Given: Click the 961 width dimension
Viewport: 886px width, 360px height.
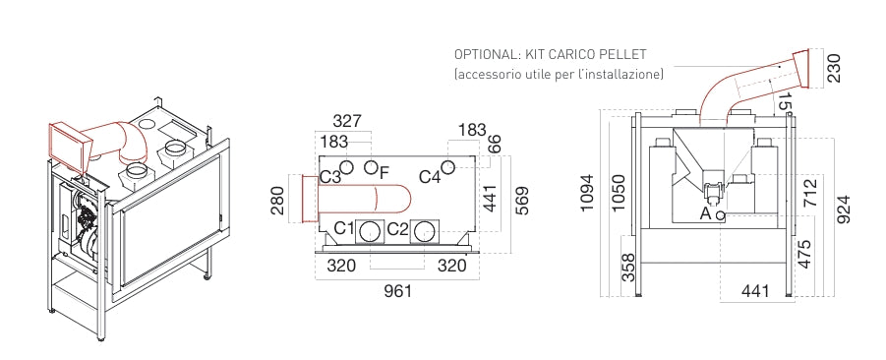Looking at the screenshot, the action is click(398, 291).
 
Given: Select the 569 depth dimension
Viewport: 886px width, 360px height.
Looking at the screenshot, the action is click(523, 200).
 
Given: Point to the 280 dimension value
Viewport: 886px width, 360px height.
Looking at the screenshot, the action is click(278, 200).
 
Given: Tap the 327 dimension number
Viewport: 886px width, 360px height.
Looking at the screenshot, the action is click(347, 121).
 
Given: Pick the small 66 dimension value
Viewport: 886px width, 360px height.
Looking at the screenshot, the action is click(493, 145).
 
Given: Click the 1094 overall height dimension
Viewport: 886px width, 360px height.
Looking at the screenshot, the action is click(589, 193).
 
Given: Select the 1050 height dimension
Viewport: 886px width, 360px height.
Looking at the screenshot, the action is click(620, 193).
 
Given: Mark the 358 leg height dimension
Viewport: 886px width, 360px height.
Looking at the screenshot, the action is click(628, 267).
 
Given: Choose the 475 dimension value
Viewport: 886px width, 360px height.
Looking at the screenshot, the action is click(804, 254).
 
